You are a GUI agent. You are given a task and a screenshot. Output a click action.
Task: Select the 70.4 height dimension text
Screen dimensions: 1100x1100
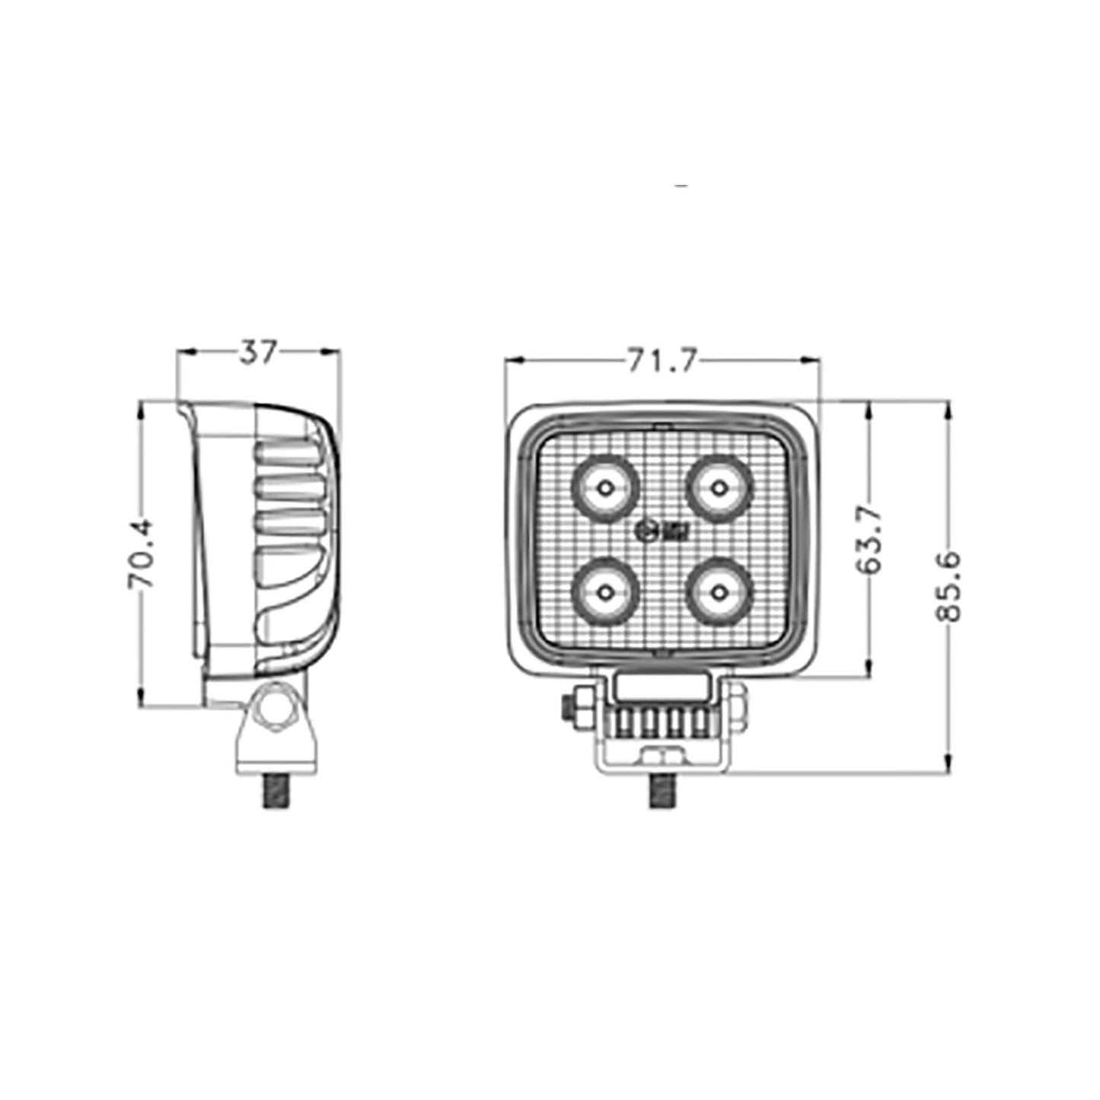(142, 554)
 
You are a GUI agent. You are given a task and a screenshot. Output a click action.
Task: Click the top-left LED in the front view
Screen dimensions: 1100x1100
(605, 487)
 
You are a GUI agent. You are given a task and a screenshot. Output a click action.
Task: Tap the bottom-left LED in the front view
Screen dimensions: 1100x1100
(605, 591)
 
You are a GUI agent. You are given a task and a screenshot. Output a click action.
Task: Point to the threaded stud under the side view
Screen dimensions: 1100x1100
(276, 790)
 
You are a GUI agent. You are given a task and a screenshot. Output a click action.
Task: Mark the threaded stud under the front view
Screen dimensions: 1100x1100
(661, 791)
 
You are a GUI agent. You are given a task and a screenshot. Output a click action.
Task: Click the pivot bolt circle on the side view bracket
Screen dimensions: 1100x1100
(276, 707)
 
